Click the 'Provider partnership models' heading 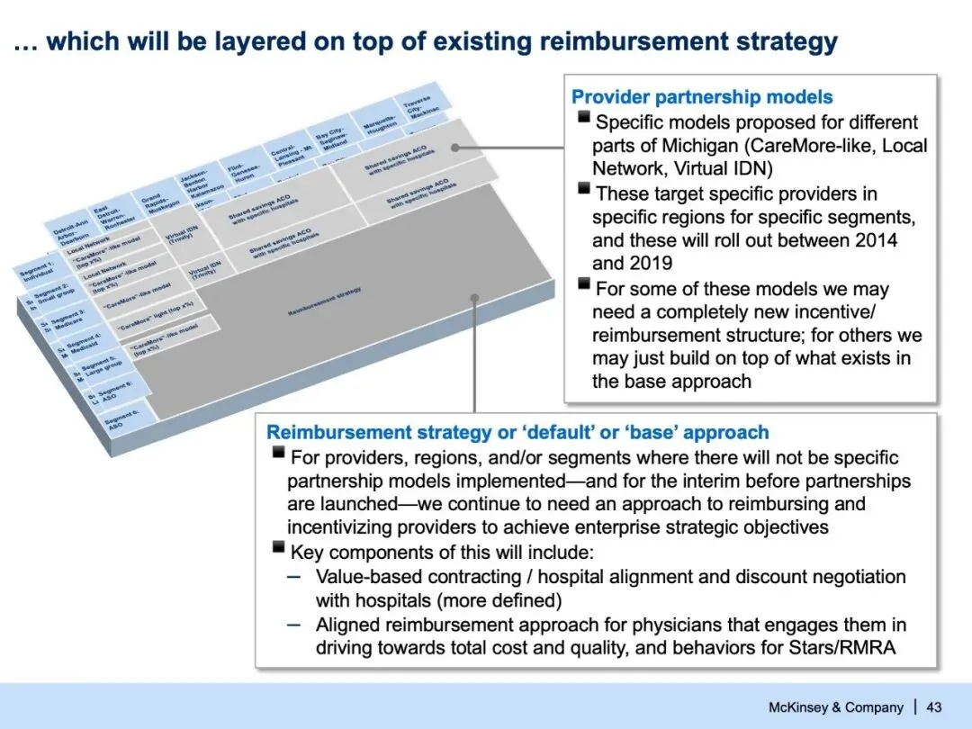[702, 97]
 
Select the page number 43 [933, 706]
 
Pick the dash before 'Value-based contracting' [294, 576]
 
